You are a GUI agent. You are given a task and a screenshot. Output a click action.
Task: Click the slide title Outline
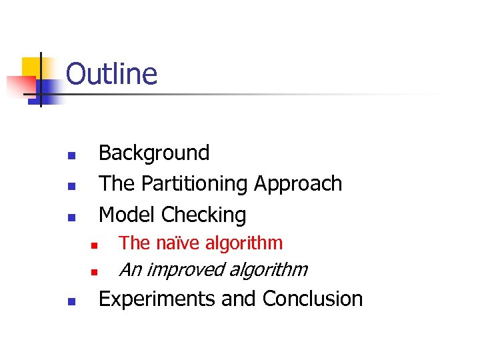111,74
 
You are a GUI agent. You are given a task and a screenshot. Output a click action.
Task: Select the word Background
153,153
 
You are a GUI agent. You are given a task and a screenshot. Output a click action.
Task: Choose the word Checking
204,215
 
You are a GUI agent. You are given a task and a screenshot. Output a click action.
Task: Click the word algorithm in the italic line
270,270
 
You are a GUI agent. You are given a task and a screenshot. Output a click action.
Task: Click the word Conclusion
313,299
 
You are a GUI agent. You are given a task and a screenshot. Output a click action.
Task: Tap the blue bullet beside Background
71,155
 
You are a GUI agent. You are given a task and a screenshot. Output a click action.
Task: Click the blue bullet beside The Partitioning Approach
71,186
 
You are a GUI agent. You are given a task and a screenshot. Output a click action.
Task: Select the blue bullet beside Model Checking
71,217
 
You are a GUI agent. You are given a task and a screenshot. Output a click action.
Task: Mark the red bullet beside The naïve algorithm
95,246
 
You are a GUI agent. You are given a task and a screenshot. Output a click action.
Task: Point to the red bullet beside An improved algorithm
95,273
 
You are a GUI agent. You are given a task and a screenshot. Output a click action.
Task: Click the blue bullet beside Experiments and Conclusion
71,301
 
